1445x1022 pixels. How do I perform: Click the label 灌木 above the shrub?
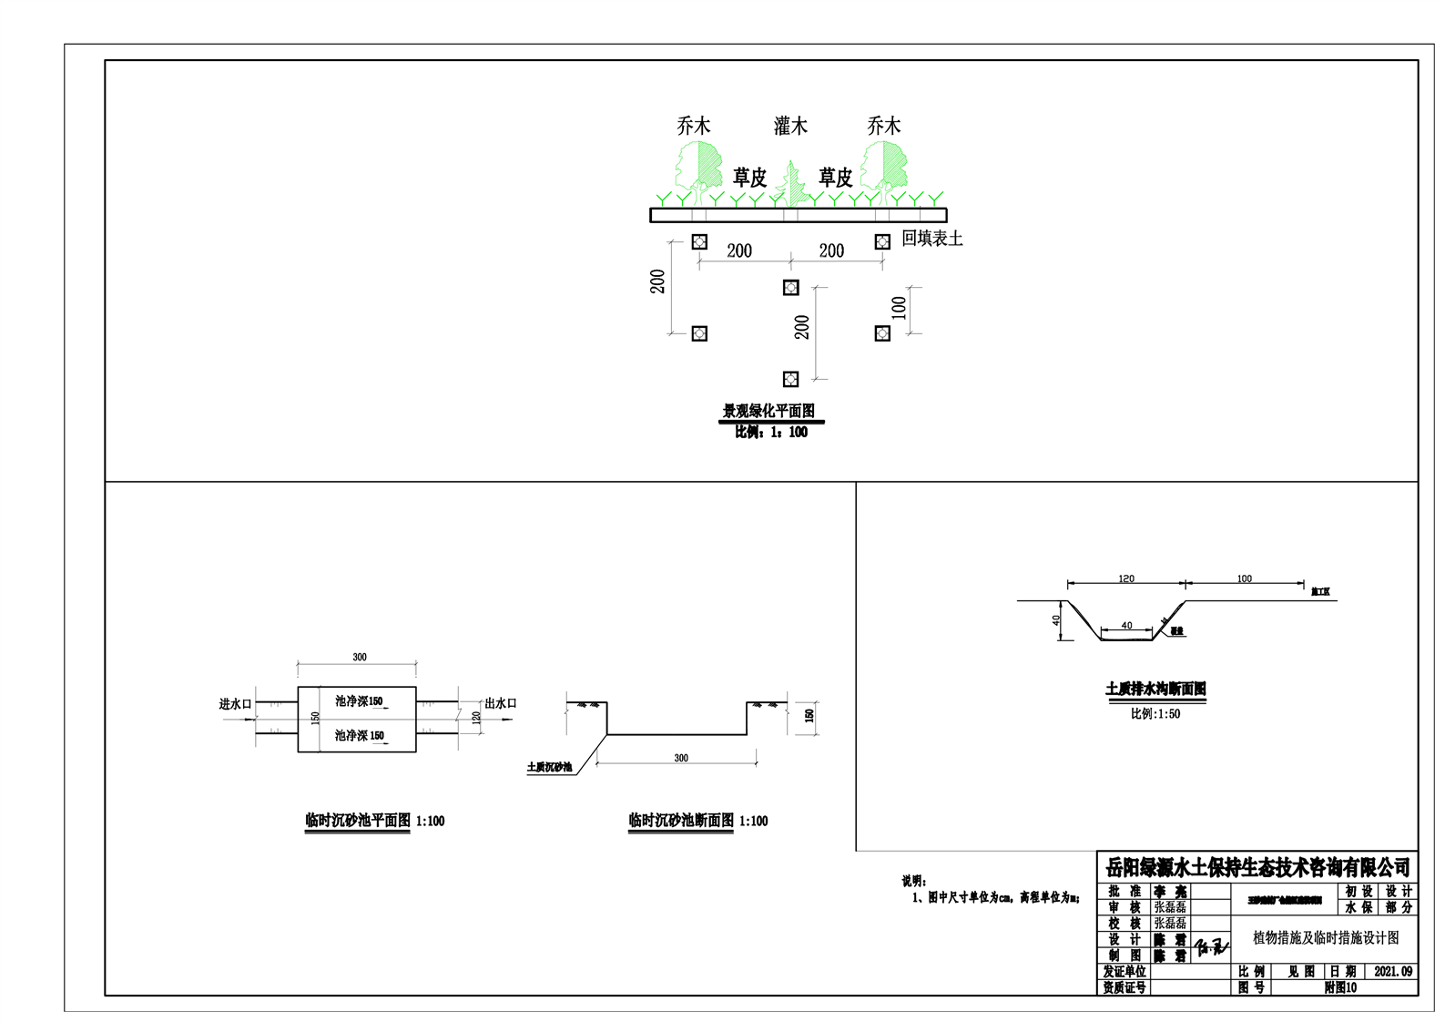[790, 126]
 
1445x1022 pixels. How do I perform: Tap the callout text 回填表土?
[931, 239]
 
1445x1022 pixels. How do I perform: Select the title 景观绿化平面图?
[768, 411]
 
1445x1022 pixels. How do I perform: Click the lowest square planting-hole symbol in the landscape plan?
[790, 379]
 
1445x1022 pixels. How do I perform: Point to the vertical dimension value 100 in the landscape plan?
[900, 308]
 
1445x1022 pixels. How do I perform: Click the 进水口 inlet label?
[235, 704]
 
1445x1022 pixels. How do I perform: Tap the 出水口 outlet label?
[501, 703]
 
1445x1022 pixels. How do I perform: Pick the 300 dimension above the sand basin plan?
[360, 657]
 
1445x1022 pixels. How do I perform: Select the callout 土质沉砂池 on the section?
[549, 767]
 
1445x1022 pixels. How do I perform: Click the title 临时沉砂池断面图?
[681, 821]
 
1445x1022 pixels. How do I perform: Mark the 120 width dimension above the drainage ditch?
[1126, 578]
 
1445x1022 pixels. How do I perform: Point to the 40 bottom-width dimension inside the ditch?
[1126, 626]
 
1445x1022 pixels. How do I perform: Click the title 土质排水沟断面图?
[1155, 690]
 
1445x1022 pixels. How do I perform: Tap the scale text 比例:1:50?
[1155, 714]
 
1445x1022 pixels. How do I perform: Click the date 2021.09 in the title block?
[1393, 972]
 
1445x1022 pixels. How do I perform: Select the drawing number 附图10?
[1340, 987]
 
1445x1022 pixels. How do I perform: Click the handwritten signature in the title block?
[1210, 947]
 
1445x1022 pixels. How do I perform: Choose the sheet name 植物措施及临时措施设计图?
[1326, 937]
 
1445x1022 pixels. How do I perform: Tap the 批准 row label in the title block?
[1124, 892]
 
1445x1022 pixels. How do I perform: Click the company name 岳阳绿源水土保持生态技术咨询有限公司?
[1257, 867]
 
